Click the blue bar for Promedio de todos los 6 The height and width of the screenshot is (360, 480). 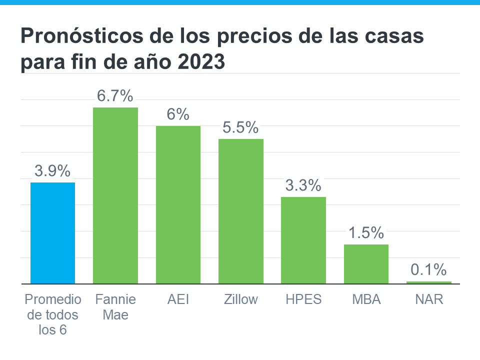(x=52, y=233)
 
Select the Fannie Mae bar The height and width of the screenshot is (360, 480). (x=115, y=195)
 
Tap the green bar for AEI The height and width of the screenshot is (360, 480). (x=178, y=204)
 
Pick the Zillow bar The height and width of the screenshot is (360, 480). (x=241, y=211)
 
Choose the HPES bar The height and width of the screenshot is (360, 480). (x=303, y=240)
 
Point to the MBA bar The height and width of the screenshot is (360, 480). (x=366, y=264)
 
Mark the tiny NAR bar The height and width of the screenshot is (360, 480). (x=428, y=282)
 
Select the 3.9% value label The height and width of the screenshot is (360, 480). (x=52, y=171)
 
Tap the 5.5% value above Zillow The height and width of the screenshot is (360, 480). (x=241, y=128)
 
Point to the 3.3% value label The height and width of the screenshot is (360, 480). (x=303, y=186)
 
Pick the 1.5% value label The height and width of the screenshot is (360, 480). (x=366, y=233)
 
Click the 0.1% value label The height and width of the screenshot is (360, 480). (x=428, y=270)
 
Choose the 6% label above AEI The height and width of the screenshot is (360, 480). (x=178, y=114)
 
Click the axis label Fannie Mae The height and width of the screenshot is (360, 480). (x=115, y=307)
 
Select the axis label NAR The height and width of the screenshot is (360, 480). (x=428, y=299)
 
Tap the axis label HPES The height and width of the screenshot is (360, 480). (x=303, y=299)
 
